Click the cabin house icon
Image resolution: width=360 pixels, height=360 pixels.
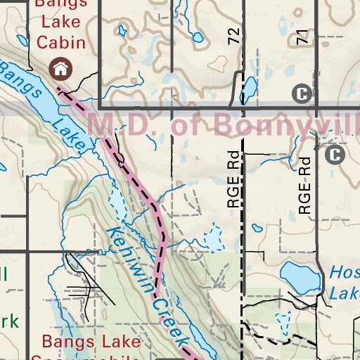point(61,68)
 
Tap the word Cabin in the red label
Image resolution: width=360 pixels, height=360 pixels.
point(62,42)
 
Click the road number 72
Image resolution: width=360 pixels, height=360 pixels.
point(234,37)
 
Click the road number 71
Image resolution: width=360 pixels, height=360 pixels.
point(303,38)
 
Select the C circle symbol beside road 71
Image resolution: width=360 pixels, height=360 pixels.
point(302,93)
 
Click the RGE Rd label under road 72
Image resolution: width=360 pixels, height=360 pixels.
point(234,181)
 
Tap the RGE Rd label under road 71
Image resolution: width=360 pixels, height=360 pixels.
point(304,186)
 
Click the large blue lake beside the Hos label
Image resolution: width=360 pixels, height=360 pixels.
point(300,278)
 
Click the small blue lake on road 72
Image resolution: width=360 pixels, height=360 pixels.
point(248,88)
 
